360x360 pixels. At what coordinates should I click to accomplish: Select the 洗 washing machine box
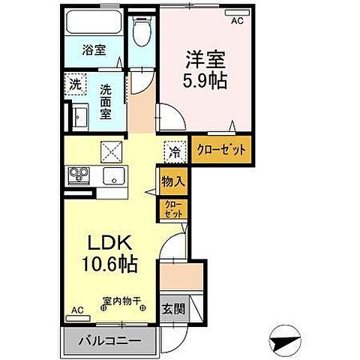[76, 85]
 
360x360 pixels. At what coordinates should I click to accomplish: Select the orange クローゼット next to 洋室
[220, 148]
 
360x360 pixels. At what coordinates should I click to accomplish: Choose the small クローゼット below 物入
[172, 208]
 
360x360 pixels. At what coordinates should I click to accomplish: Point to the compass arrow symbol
[285, 341]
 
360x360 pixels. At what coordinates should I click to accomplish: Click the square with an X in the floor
[111, 151]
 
